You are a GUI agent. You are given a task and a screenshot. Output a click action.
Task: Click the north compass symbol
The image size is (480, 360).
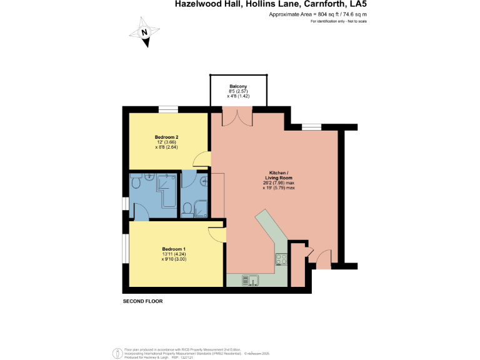click(144, 33)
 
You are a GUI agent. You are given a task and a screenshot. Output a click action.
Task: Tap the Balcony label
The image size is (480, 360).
click(238, 86)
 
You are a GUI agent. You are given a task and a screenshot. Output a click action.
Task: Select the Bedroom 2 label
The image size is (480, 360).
click(167, 137)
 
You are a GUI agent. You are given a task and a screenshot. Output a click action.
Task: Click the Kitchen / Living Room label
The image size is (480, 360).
click(278, 175)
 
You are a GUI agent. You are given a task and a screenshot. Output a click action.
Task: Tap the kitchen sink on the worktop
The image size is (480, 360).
click(246, 280)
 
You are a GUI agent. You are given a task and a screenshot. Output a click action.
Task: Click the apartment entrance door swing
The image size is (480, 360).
click(322, 259)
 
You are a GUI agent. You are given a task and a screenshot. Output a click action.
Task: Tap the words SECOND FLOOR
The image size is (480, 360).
click(142, 301)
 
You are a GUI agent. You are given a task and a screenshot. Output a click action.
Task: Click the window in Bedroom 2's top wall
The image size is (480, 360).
click(167, 109)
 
